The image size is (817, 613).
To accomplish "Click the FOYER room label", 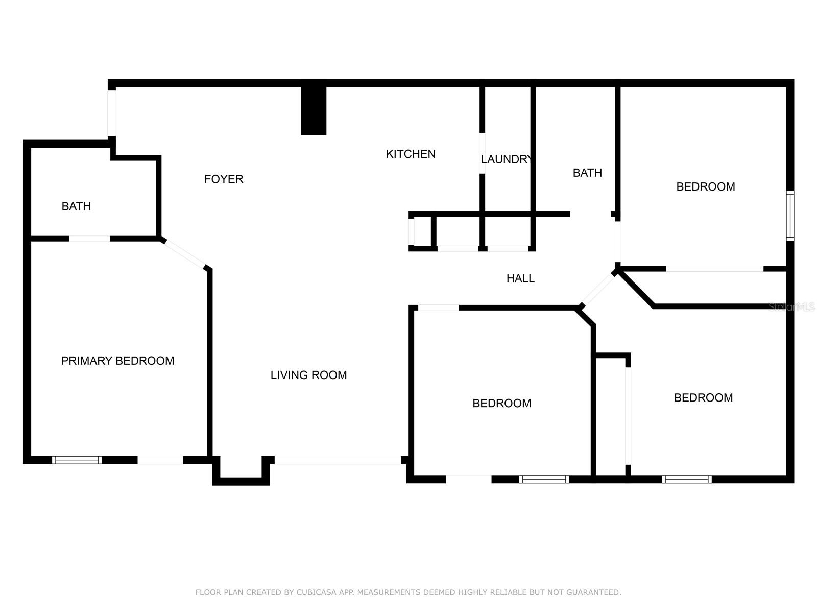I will tap(224, 179).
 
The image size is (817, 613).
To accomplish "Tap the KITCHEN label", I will tap(411, 154).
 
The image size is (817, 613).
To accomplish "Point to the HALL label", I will tap(520, 278).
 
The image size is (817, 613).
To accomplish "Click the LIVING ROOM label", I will tap(308, 375).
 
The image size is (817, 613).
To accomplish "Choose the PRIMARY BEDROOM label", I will tap(117, 361).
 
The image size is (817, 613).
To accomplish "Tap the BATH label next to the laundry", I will tap(587, 173).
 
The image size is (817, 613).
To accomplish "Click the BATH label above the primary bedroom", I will tap(76, 206).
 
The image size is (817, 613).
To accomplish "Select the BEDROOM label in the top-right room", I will tap(706, 187).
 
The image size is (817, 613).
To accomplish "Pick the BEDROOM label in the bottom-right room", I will tap(703, 398).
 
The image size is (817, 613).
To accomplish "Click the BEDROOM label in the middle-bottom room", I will tap(501, 404).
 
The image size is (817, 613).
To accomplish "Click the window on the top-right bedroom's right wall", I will tap(790, 216).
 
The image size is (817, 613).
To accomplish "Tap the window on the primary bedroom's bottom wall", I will tap(77, 460).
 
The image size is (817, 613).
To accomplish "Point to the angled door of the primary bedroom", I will tap(184, 253).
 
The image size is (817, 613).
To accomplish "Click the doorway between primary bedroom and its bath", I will tap(89, 239).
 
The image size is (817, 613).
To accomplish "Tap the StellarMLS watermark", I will tap(791, 307).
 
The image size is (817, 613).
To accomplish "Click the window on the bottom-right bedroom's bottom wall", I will tap(686, 479).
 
